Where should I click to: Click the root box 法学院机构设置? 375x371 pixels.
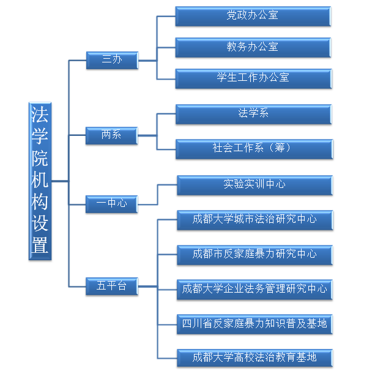point(40,181)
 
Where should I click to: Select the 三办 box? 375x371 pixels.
point(112,61)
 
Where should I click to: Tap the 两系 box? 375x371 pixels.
point(112,135)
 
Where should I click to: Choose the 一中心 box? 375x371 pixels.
point(112,204)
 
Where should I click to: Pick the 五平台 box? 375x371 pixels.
point(112,287)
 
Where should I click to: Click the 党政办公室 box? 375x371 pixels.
point(253,17)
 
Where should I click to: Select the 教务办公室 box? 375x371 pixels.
point(253,47)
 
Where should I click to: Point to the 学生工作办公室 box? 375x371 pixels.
point(254,79)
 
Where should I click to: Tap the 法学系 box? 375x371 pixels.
point(254,114)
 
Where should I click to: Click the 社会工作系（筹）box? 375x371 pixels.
point(254,149)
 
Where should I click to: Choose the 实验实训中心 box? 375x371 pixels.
point(255,185)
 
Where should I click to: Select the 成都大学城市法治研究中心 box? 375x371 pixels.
point(255,220)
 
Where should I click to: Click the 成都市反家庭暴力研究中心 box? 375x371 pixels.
point(255,255)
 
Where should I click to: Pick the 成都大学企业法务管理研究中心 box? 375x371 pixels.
point(254,290)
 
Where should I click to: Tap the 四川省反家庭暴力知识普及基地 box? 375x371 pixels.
point(254,324)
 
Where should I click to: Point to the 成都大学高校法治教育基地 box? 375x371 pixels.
point(255,358)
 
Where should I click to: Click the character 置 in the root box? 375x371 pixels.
point(40,245)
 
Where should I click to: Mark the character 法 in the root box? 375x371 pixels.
point(40,114)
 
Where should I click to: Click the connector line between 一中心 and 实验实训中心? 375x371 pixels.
point(158,195)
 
